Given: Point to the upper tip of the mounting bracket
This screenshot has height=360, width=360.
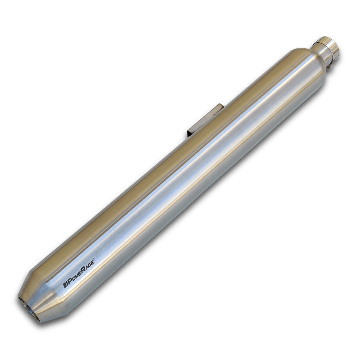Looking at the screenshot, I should [220, 107].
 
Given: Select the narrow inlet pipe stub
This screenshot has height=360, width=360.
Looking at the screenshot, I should [326, 49].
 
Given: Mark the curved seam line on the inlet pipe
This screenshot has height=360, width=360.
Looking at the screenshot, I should [320, 47].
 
